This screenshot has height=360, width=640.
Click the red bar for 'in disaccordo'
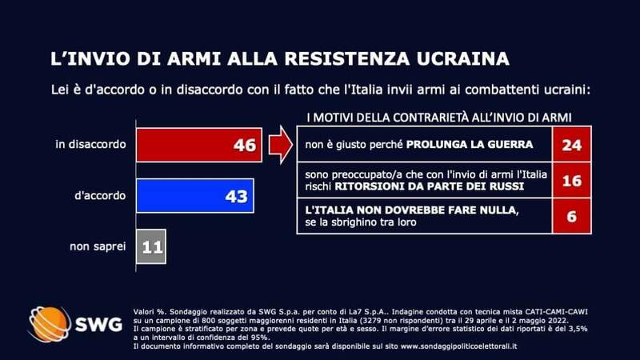tap(184, 145)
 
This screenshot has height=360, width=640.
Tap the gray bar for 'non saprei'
tap(152, 246)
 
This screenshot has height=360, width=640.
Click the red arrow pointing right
tap(280, 145)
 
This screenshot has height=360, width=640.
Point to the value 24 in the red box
tap(572, 145)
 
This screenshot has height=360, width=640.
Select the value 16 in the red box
tap(572, 182)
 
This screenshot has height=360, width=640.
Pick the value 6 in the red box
tap(572, 218)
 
